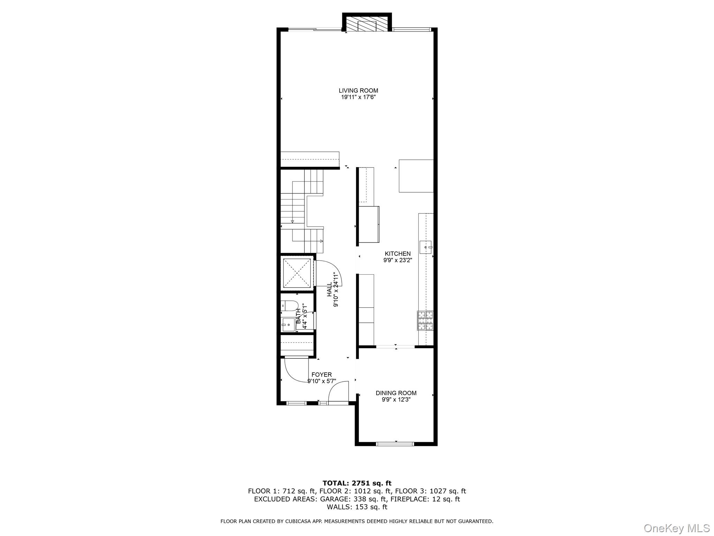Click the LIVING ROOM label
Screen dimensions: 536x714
358,91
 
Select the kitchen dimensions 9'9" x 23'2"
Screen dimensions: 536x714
397,260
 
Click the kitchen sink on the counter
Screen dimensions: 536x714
426,246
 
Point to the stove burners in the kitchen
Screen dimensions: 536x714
425,320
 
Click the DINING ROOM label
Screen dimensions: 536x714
396,393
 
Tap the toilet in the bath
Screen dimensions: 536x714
289,306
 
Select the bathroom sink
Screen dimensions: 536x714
288,325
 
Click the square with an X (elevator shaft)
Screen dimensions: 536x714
297,273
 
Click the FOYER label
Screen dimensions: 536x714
321,375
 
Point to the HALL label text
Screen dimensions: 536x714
329,290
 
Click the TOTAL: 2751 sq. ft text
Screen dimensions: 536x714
357,483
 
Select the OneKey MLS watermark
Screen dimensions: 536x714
676,528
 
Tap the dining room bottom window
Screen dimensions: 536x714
395,444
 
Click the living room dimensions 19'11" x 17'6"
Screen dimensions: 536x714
358,97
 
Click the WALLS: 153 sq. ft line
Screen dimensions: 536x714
357,507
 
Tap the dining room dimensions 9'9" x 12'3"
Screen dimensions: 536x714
396,400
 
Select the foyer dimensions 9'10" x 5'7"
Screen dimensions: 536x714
321,381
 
